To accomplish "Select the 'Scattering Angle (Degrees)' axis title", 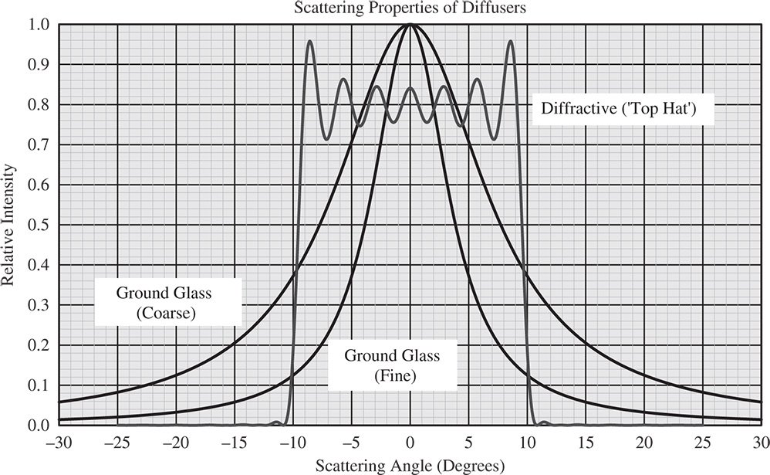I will click(x=410, y=466).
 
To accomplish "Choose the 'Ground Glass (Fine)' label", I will click(x=392, y=366).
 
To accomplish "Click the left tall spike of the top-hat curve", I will click(x=310, y=42).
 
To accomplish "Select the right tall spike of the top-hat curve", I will click(x=511, y=42).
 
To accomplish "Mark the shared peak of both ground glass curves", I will click(x=410, y=25).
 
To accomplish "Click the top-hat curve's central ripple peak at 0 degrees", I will click(x=410, y=88).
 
